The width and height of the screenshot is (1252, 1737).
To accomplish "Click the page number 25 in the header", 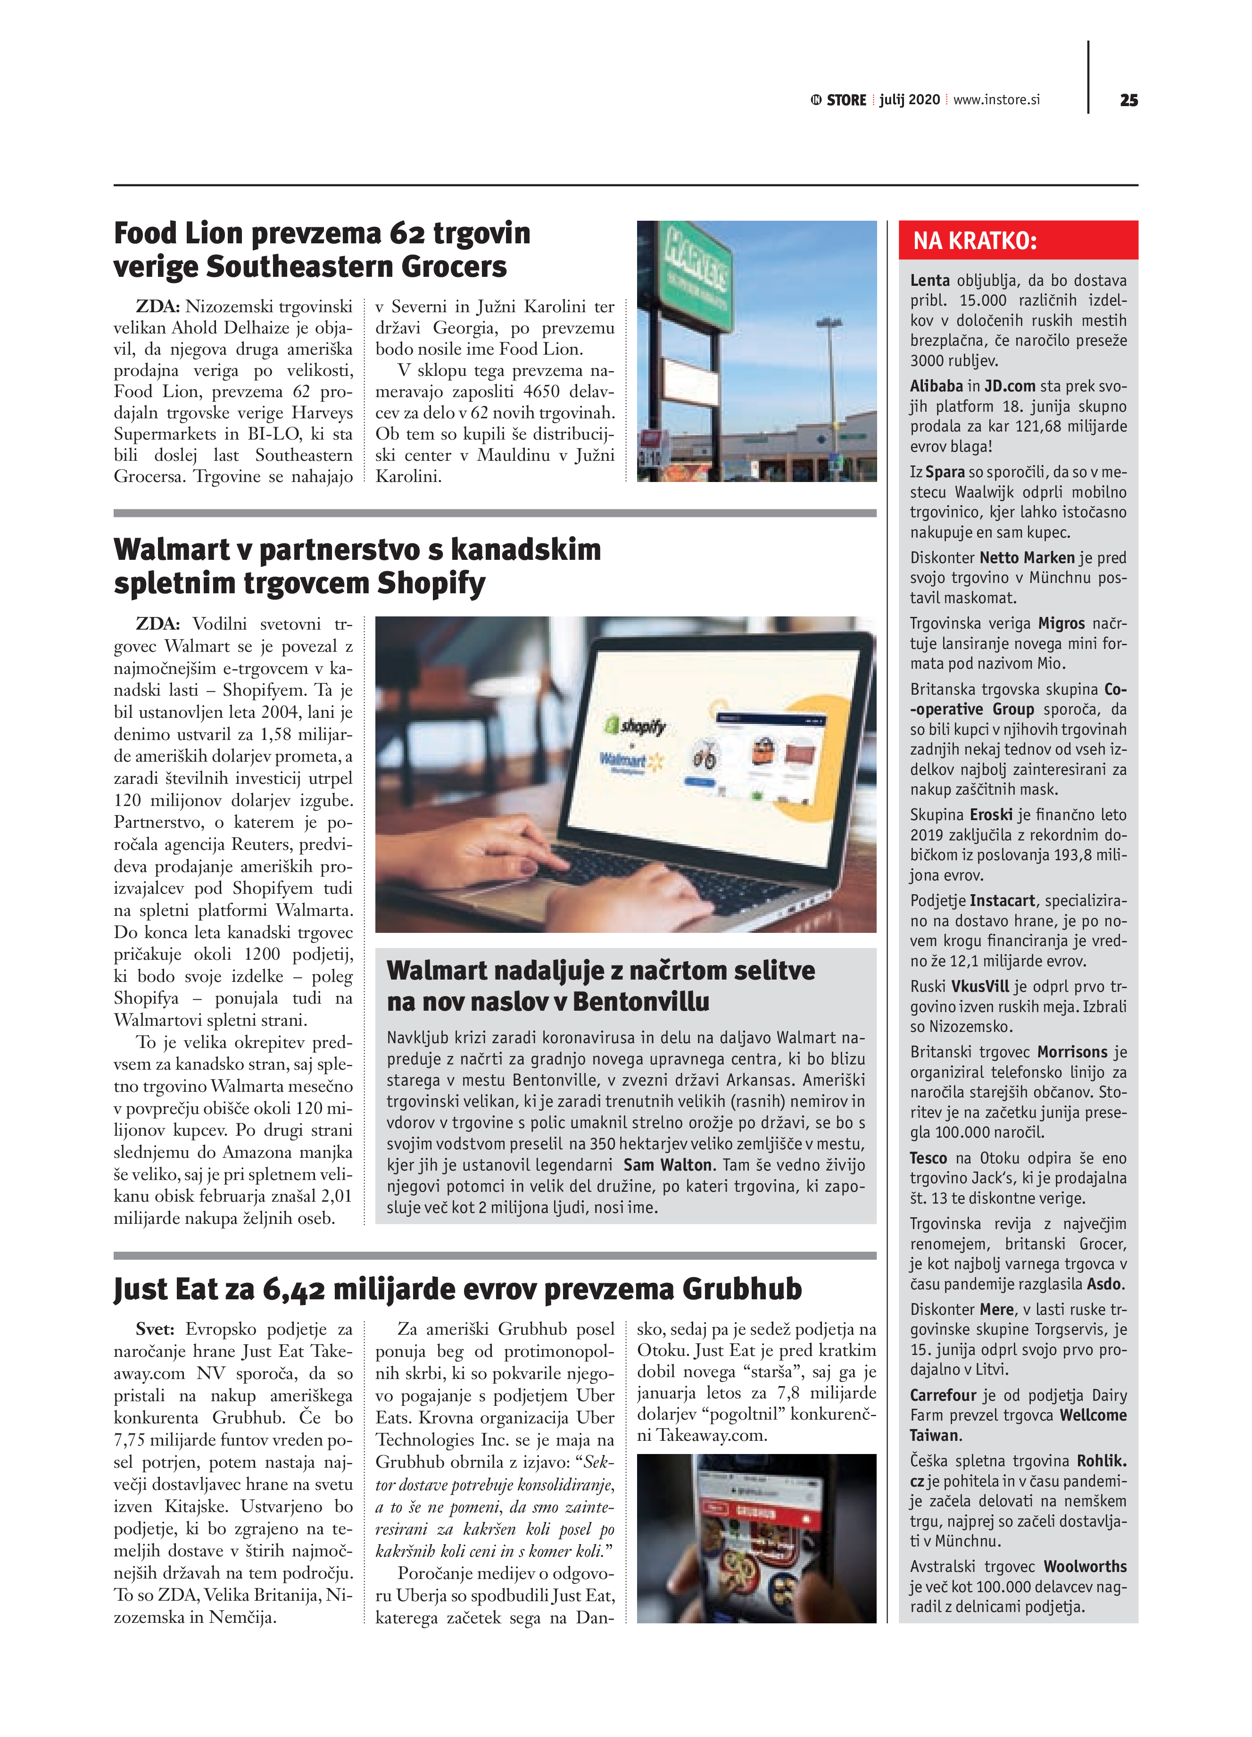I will pyautogui.click(x=1128, y=100).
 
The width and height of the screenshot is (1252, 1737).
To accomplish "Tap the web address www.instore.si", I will pyautogui.click(x=996, y=100).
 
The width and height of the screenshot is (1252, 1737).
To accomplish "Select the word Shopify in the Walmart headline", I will pyautogui.click(x=431, y=583).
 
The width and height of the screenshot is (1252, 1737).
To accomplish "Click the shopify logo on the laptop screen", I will pyautogui.click(x=636, y=724).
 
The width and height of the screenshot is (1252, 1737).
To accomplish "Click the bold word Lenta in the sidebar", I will pyautogui.click(x=929, y=280).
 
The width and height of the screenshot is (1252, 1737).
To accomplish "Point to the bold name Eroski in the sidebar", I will pyautogui.click(x=991, y=815).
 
